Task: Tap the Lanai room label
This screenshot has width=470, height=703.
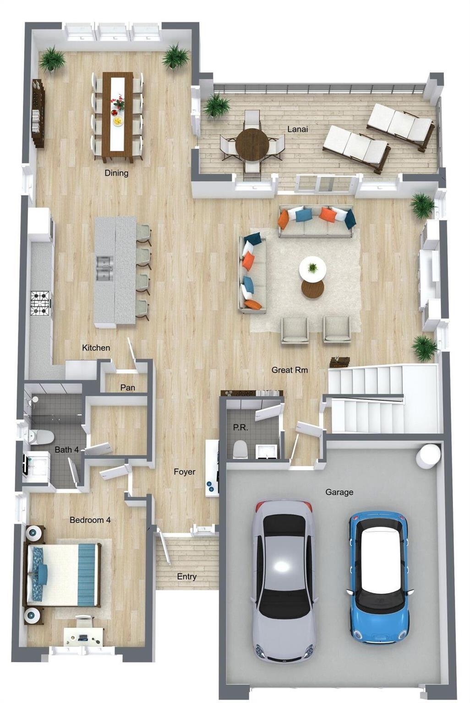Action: click(x=297, y=129)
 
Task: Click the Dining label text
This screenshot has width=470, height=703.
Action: click(x=116, y=173)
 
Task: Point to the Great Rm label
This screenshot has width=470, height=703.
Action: click(x=290, y=370)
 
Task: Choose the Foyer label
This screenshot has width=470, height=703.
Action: click(x=185, y=472)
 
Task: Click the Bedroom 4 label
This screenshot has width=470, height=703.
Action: click(x=90, y=520)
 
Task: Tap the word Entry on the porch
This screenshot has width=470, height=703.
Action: click(x=186, y=577)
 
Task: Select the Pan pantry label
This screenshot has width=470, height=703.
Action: click(x=127, y=388)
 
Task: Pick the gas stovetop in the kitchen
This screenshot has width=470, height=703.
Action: click(x=40, y=303)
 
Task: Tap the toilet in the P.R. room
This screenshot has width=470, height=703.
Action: click(x=241, y=449)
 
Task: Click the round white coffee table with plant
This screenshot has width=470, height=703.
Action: click(x=312, y=268)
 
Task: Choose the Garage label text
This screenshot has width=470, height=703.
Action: click(x=339, y=492)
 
